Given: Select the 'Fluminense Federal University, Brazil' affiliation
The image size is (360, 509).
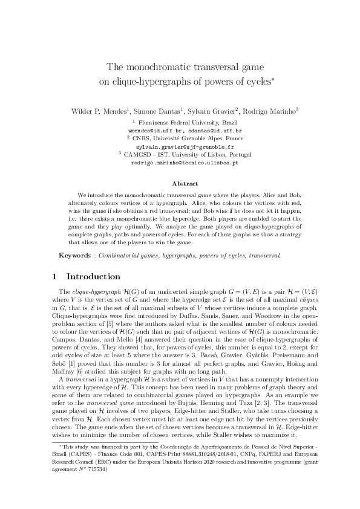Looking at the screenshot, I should pos(185,122).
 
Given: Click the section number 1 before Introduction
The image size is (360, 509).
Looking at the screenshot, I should pos(54,277).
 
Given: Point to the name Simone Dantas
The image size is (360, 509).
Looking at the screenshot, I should pos(149,111).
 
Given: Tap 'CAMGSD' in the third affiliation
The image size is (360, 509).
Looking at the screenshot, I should pos(138,155).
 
